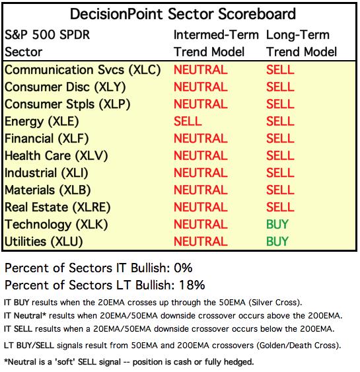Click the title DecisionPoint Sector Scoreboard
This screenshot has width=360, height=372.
182,14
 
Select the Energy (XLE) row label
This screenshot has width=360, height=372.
42,122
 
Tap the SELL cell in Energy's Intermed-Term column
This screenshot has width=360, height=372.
188,121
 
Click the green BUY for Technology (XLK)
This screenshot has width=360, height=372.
277,224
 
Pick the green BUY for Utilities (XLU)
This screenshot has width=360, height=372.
277,242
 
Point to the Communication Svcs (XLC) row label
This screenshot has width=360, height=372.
83,70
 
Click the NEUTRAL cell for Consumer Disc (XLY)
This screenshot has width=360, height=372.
201,87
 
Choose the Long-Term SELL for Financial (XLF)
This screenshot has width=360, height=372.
280,138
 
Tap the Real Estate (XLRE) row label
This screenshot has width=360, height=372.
57,207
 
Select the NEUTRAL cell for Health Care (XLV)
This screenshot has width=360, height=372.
201,156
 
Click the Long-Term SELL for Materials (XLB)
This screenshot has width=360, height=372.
280,190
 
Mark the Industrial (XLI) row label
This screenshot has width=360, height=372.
46,173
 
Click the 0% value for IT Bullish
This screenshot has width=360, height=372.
183,268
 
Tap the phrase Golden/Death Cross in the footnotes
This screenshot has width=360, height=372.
299,346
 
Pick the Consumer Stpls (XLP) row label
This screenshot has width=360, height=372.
67,104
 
